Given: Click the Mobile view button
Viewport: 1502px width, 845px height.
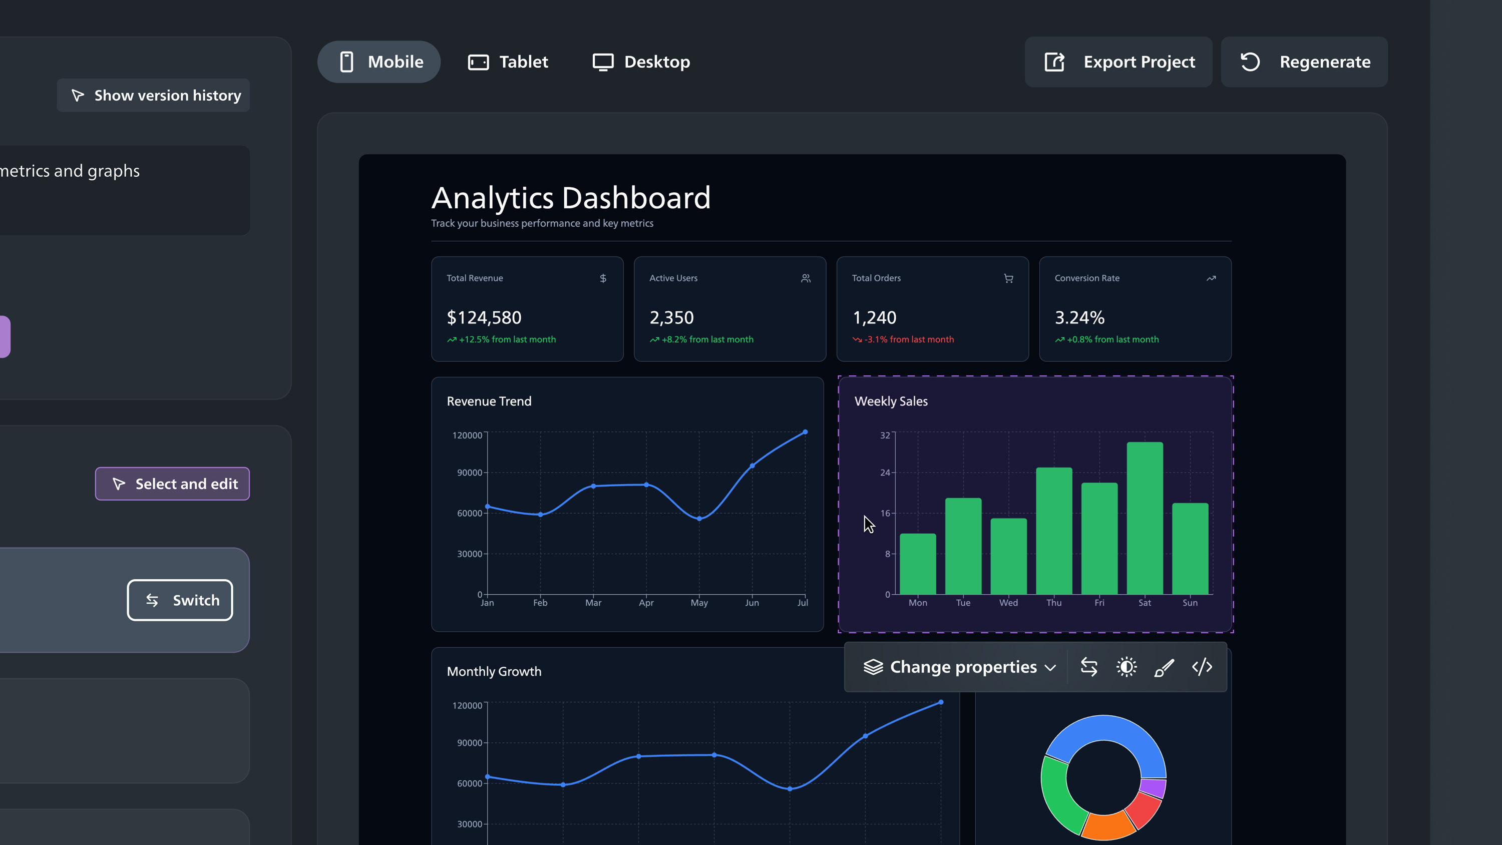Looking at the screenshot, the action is pyautogui.click(x=379, y=62).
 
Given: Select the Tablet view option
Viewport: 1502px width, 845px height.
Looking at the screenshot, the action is pyautogui.click(x=508, y=62).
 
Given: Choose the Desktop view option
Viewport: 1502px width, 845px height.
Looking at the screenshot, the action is pyautogui.click(x=641, y=62).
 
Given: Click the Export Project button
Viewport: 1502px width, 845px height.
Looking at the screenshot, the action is pyautogui.click(x=1118, y=62).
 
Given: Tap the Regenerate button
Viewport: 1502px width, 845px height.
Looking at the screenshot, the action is pyautogui.click(x=1304, y=62).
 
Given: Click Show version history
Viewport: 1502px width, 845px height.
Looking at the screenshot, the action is pyautogui.click(x=153, y=95).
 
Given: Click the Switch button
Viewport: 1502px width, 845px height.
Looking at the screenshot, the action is pyautogui.click(x=180, y=600).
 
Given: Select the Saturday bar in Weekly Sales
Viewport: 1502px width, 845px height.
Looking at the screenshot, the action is pyautogui.click(x=1145, y=518).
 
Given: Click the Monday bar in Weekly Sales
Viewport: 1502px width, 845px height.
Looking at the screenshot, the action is pyautogui.click(x=918, y=564).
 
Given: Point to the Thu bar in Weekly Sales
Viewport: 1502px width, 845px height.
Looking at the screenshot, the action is pyautogui.click(x=1053, y=531).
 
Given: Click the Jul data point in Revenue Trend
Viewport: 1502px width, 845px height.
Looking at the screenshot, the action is pyautogui.click(x=805, y=432).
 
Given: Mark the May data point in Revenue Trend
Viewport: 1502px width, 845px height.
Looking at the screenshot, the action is pyautogui.click(x=699, y=519).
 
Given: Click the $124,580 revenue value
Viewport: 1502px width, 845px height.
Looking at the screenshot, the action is pyautogui.click(x=484, y=317).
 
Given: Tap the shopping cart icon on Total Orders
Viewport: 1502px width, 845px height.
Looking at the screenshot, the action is pyautogui.click(x=1008, y=278).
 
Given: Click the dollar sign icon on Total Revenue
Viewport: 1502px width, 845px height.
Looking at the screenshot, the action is pyautogui.click(x=603, y=278).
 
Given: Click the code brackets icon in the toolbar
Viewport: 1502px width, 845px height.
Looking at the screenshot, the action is pyautogui.click(x=1202, y=667).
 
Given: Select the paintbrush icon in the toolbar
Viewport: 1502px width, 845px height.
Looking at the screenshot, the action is pyautogui.click(x=1164, y=667).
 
